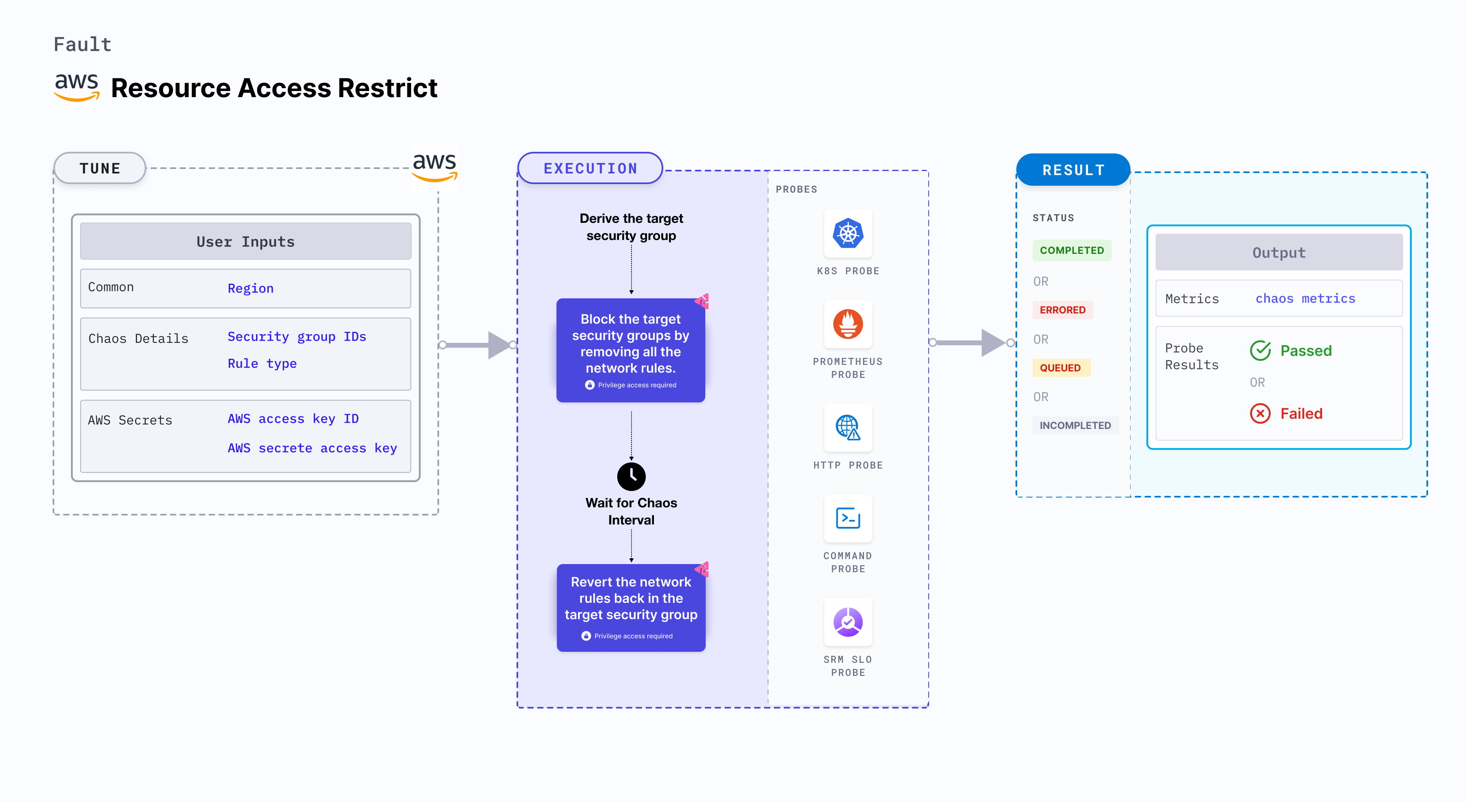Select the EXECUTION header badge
click(x=590, y=169)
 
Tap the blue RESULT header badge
click(x=1073, y=170)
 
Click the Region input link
click(x=250, y=288)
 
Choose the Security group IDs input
click(x=296, y=337)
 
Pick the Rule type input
click(x=262, y=363)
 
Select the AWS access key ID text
click(x=293, y=419)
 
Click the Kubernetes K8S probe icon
click(x=848, y=233)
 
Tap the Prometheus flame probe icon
click(x=848, y=324)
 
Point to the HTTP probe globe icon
click(x=848, y=428)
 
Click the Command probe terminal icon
click(x=848, y=518)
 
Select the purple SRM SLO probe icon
click(x=848, y=622)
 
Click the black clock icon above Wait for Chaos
click(x=631, y=476)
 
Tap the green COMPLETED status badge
click(x=1072, y=251)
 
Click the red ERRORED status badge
click(x=1062, y=310)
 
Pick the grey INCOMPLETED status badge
click(x=1075, y=426)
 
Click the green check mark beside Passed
click(x=1260, y=350)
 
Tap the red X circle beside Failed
click(x=1260, y=413)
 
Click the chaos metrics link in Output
click(x=1305, y=298)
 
